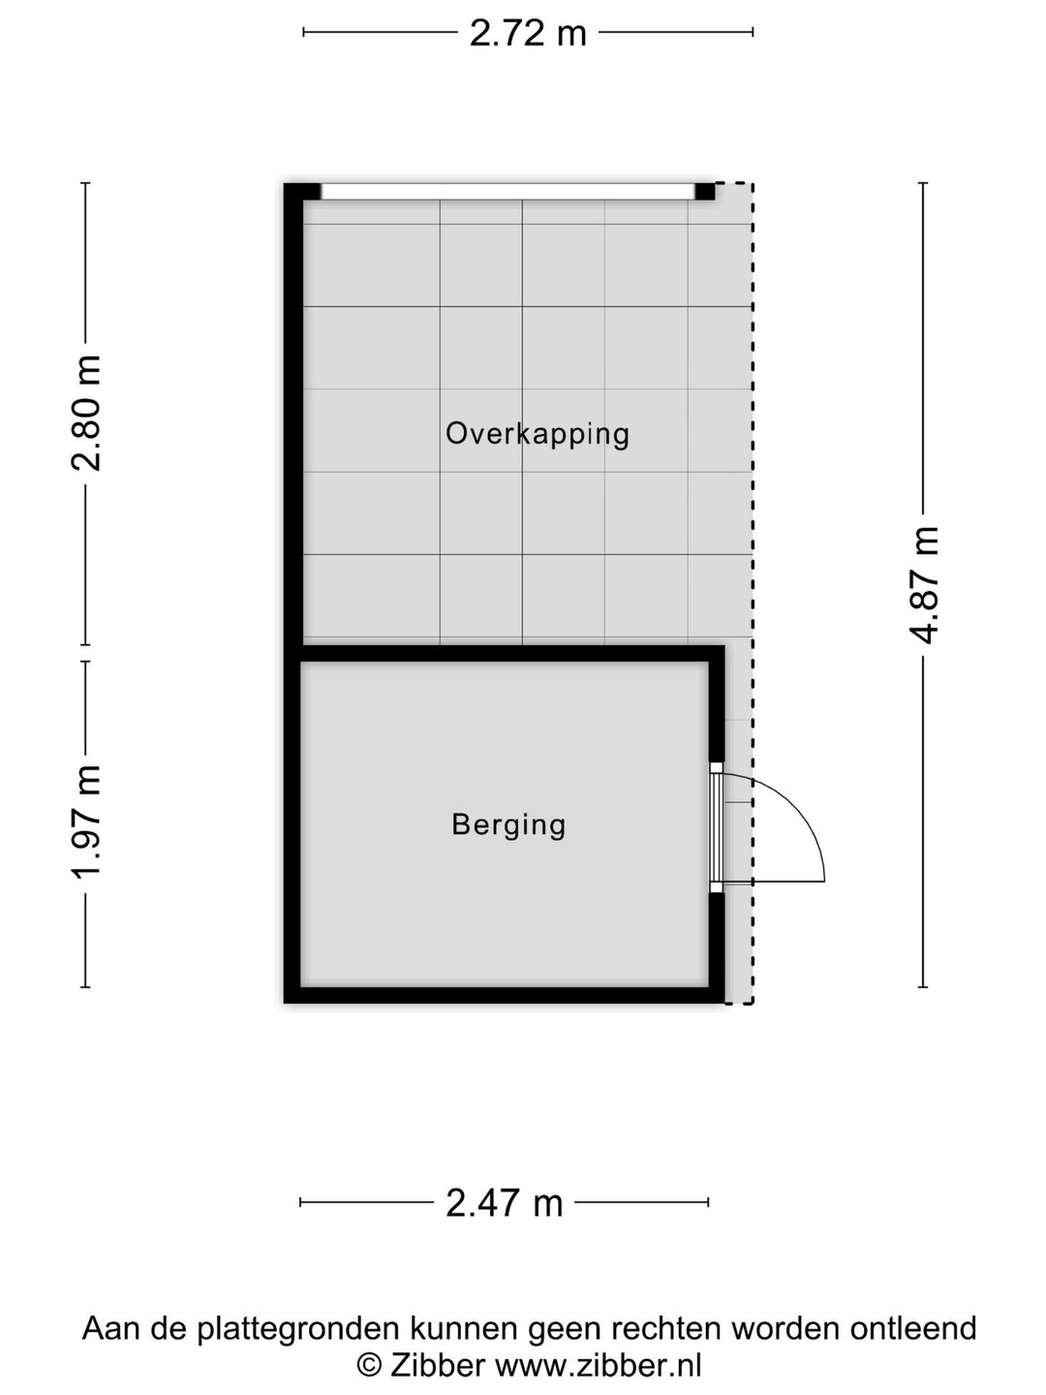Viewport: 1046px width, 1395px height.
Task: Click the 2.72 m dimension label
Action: click(x=528, y=33)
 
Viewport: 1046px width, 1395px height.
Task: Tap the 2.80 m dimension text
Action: click(x=86, y=413)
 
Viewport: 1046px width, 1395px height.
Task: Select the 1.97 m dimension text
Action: click(x=86, y=823)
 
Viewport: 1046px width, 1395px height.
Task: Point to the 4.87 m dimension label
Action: click(x=924, y=584)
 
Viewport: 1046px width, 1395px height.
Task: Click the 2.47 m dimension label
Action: click(x=504, y=1203)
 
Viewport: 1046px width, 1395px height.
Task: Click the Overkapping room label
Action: click(x=538, y=433)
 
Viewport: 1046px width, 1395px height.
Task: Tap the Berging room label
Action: click(x=508, y=824)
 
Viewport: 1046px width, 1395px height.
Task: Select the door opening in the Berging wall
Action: click(x=716, y=826)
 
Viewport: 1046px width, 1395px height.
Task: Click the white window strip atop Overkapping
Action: click(x=508, y=192)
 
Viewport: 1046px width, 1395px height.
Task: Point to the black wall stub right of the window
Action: click(x=705, y=191)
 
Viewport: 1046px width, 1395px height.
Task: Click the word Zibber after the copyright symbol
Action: click(x=438, y=1366)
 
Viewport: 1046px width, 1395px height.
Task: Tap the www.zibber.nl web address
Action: click(x=598, y=1366)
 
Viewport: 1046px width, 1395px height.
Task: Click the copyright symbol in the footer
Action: click(x=369, y=1366)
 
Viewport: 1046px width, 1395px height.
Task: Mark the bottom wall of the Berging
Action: click(x=504, y=995)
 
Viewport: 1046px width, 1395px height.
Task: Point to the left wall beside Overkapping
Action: click(x=293, y=417)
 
